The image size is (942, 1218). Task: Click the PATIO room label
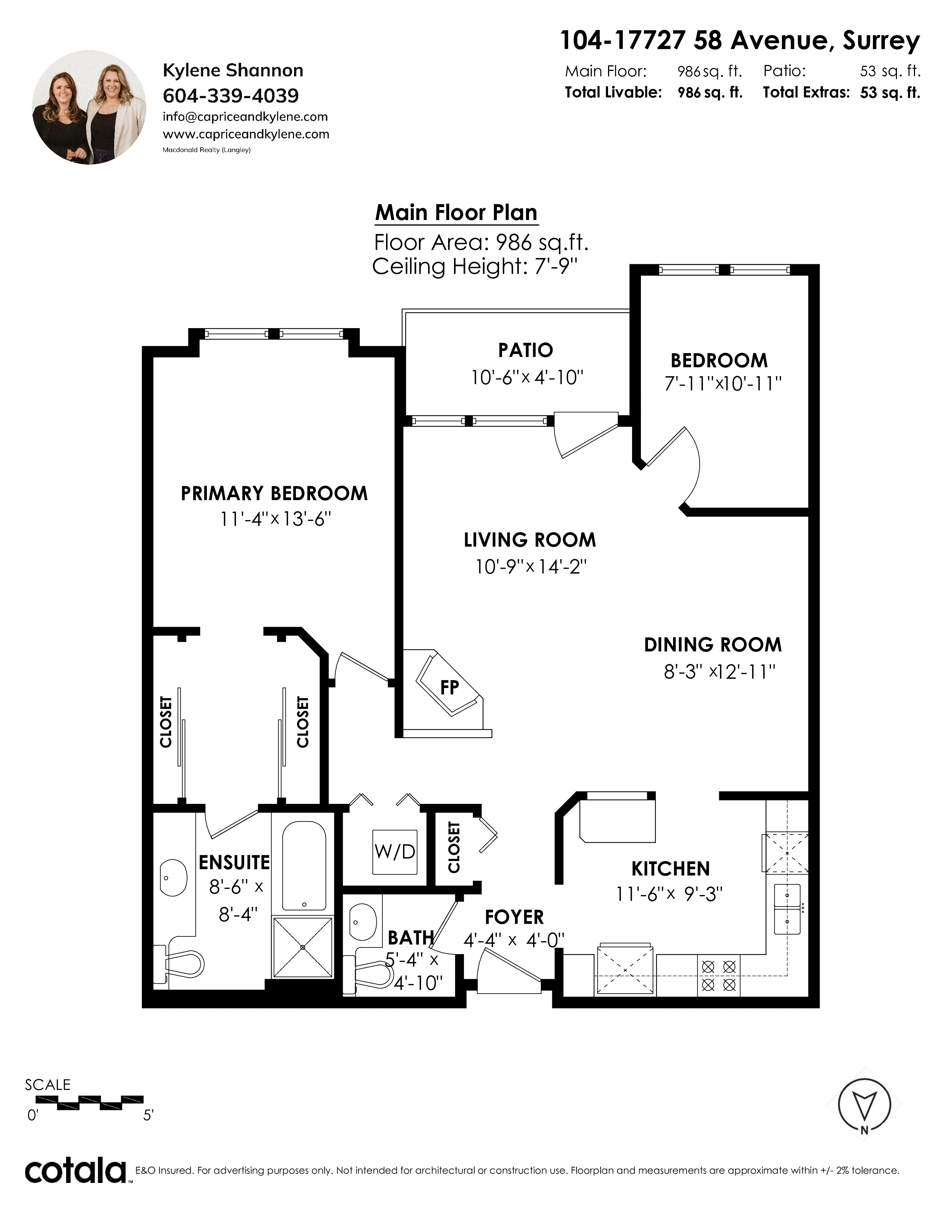[x=526, y=350]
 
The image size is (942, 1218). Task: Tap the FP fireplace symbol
[x=449, y=687]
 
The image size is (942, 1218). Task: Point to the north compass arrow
[x=864, y=1105]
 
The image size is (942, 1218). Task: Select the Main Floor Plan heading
[x=457, y=213]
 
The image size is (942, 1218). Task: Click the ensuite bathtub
[x=304, y=866]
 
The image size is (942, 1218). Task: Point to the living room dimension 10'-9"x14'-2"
[x=531, y=567]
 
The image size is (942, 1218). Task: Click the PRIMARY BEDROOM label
[x=274, y=493]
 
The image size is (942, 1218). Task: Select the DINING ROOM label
[x=713, y=645]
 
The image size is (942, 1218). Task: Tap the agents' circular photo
[x=89, y=108]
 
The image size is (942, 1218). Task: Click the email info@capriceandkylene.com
[x=245, y=117]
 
